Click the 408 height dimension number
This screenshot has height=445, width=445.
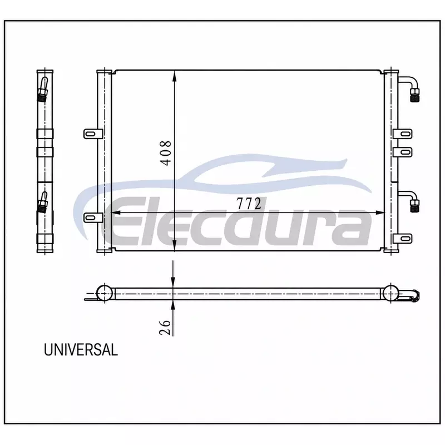(166, 153)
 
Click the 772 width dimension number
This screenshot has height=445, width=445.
(249, 204)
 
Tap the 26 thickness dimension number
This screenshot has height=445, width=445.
(165, 328)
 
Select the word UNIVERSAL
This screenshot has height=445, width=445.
(81, 350)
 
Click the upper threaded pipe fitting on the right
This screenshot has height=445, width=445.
(414, 95)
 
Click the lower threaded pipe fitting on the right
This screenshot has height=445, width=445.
(414, 205)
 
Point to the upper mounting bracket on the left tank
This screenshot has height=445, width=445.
(93, 133)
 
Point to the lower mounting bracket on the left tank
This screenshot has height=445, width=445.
(93, 217)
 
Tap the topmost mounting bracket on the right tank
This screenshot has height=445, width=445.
(402, 133)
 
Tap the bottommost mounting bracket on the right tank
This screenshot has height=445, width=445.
(402, 239)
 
